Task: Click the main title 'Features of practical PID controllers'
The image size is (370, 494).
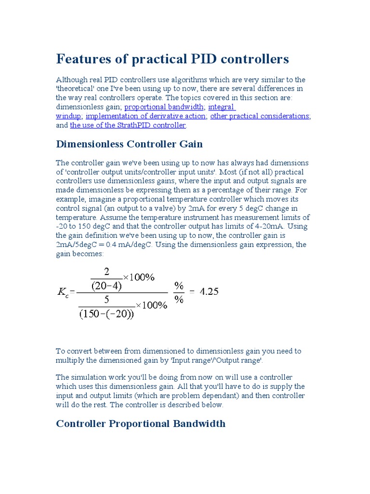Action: point(172,59)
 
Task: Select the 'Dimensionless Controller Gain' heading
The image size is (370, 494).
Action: point(129,144)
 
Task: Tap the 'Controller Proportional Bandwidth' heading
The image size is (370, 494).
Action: point(141,424)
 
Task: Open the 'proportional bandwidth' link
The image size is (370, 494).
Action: point(164,107)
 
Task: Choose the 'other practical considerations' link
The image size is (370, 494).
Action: point(260,116)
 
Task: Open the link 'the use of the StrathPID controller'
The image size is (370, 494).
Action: point(128,125)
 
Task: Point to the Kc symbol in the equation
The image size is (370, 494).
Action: point(63,292)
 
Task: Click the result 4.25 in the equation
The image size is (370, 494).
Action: point(209,292)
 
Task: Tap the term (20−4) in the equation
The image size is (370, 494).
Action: point(106,286)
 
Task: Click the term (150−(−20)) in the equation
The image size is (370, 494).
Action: point(106,315)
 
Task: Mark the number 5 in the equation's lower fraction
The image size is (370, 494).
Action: point(106,300)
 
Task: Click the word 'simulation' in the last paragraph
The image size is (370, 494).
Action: point(90,377)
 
